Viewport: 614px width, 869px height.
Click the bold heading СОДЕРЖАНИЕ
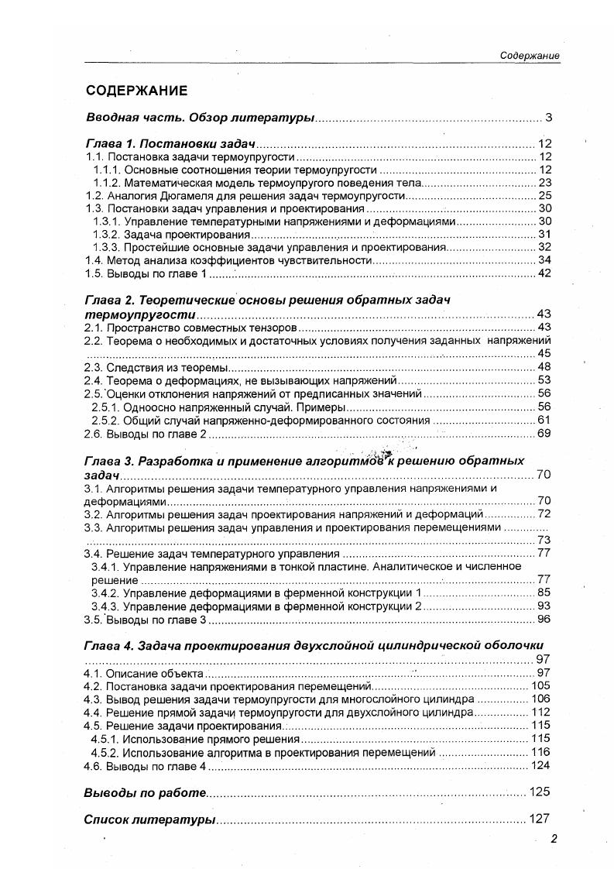point(136,91)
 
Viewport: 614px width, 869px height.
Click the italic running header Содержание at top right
point(530,57)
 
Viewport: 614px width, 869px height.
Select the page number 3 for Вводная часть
point(547,118)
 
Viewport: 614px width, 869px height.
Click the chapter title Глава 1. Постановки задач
point(170,144)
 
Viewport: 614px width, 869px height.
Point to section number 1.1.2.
point(106,183)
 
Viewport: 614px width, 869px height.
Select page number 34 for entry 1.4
point(544,260)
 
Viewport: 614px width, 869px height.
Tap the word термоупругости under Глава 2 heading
point(139,314)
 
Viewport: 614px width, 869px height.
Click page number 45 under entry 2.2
point(544,353)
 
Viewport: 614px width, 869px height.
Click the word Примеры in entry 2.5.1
point(317,407)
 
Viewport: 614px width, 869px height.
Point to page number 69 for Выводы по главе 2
point(544,433)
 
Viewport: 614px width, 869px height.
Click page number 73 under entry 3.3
point(544,540)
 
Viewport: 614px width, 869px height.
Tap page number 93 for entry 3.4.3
point(544,606)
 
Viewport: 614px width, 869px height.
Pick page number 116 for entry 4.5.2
point(540,752)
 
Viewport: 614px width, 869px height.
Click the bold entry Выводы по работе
point(145,792)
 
